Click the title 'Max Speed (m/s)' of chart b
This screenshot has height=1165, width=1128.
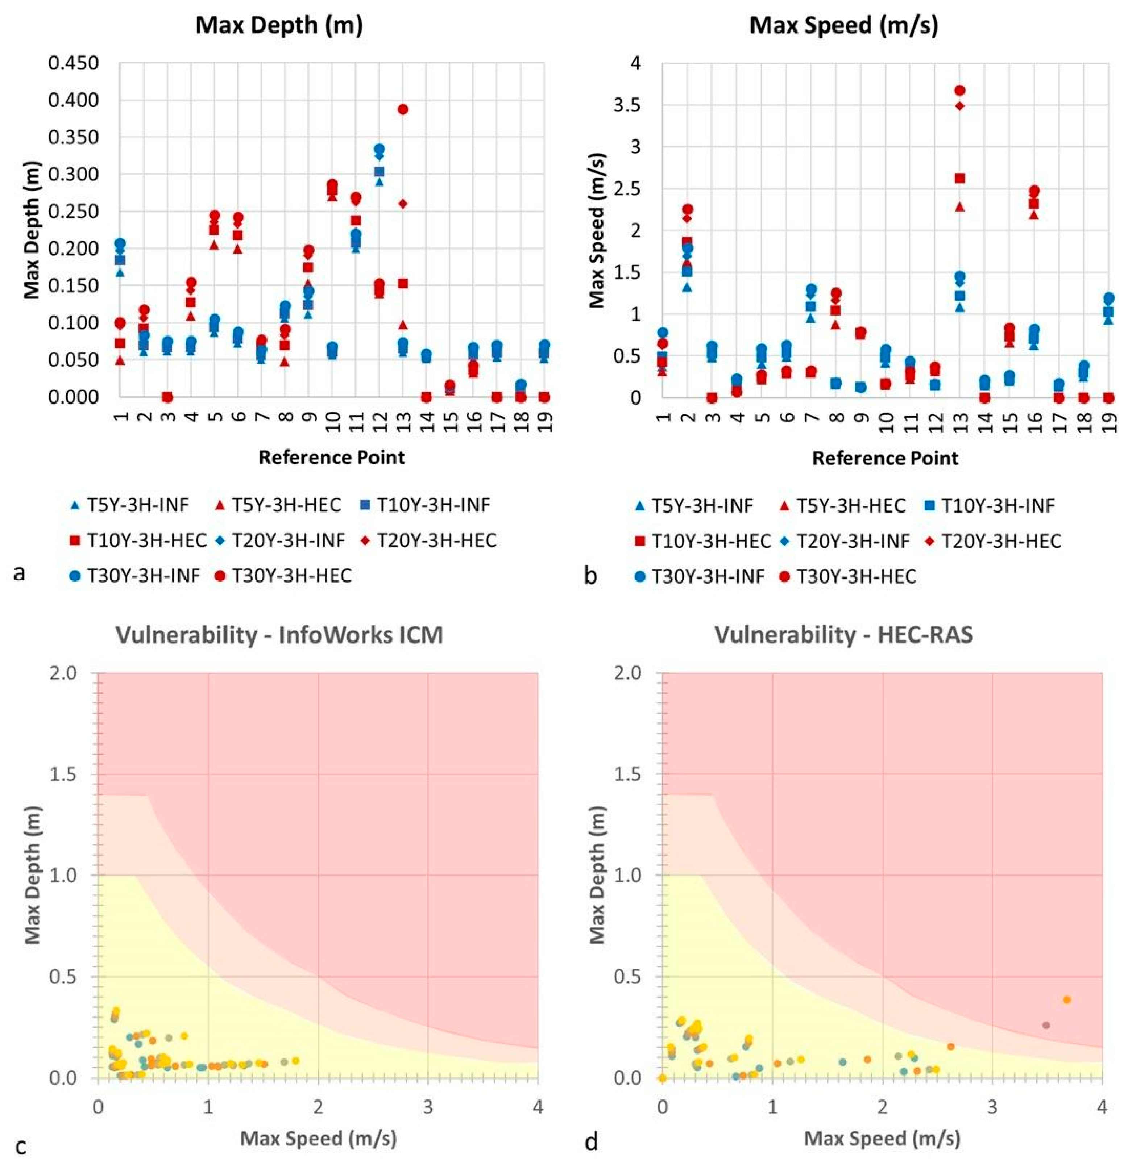tap(844, 26)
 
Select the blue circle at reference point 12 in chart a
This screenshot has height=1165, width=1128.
tap(379, 149)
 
